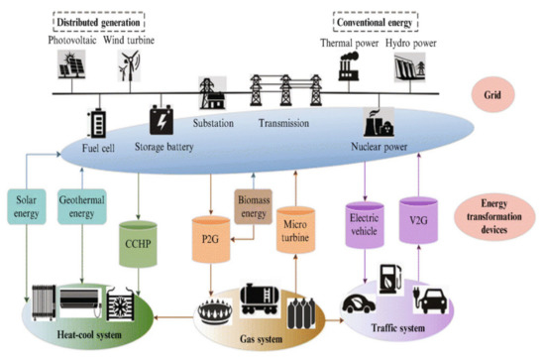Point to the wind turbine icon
(127, 64)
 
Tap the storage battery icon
(161, 122)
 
